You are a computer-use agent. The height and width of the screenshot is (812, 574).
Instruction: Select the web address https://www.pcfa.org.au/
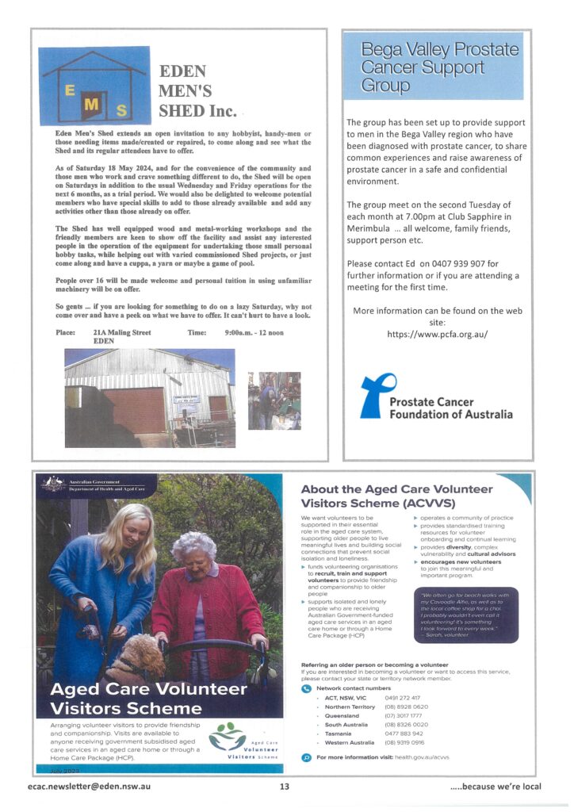point(437,334)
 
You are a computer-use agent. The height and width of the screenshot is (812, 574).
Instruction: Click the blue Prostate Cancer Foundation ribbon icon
point(373,396)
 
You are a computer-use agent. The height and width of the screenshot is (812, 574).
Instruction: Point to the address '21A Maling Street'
point(122,332)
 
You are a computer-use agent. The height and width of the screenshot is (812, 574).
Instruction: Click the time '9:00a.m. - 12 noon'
point(260,332)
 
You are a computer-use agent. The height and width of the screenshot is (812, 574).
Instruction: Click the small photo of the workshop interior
point(274,400)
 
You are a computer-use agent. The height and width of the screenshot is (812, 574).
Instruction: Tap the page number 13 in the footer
point(285,787)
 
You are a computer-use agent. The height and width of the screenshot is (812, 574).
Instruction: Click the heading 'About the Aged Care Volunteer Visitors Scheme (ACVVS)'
point(396,496)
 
